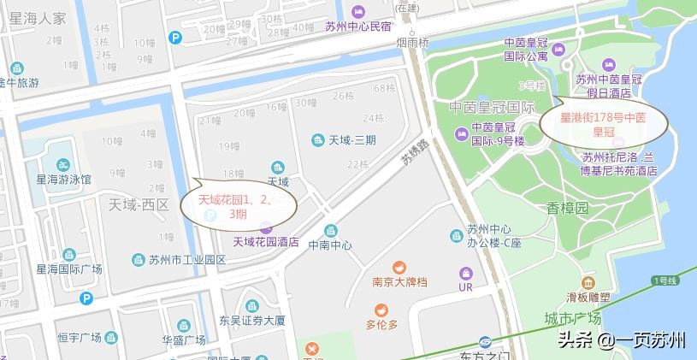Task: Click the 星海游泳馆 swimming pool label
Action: point(63,180)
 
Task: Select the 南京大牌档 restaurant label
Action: point(399,281)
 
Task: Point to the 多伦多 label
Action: point(381,324)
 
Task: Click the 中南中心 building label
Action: point(331,243)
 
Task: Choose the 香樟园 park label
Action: point(568,208)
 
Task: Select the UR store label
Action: point(465,287)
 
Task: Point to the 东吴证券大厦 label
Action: point(251,321)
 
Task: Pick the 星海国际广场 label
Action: point(68,269)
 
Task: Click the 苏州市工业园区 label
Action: point(186,259)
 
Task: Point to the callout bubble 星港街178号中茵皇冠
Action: point(604,125)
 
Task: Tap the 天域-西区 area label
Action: point(139,205)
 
